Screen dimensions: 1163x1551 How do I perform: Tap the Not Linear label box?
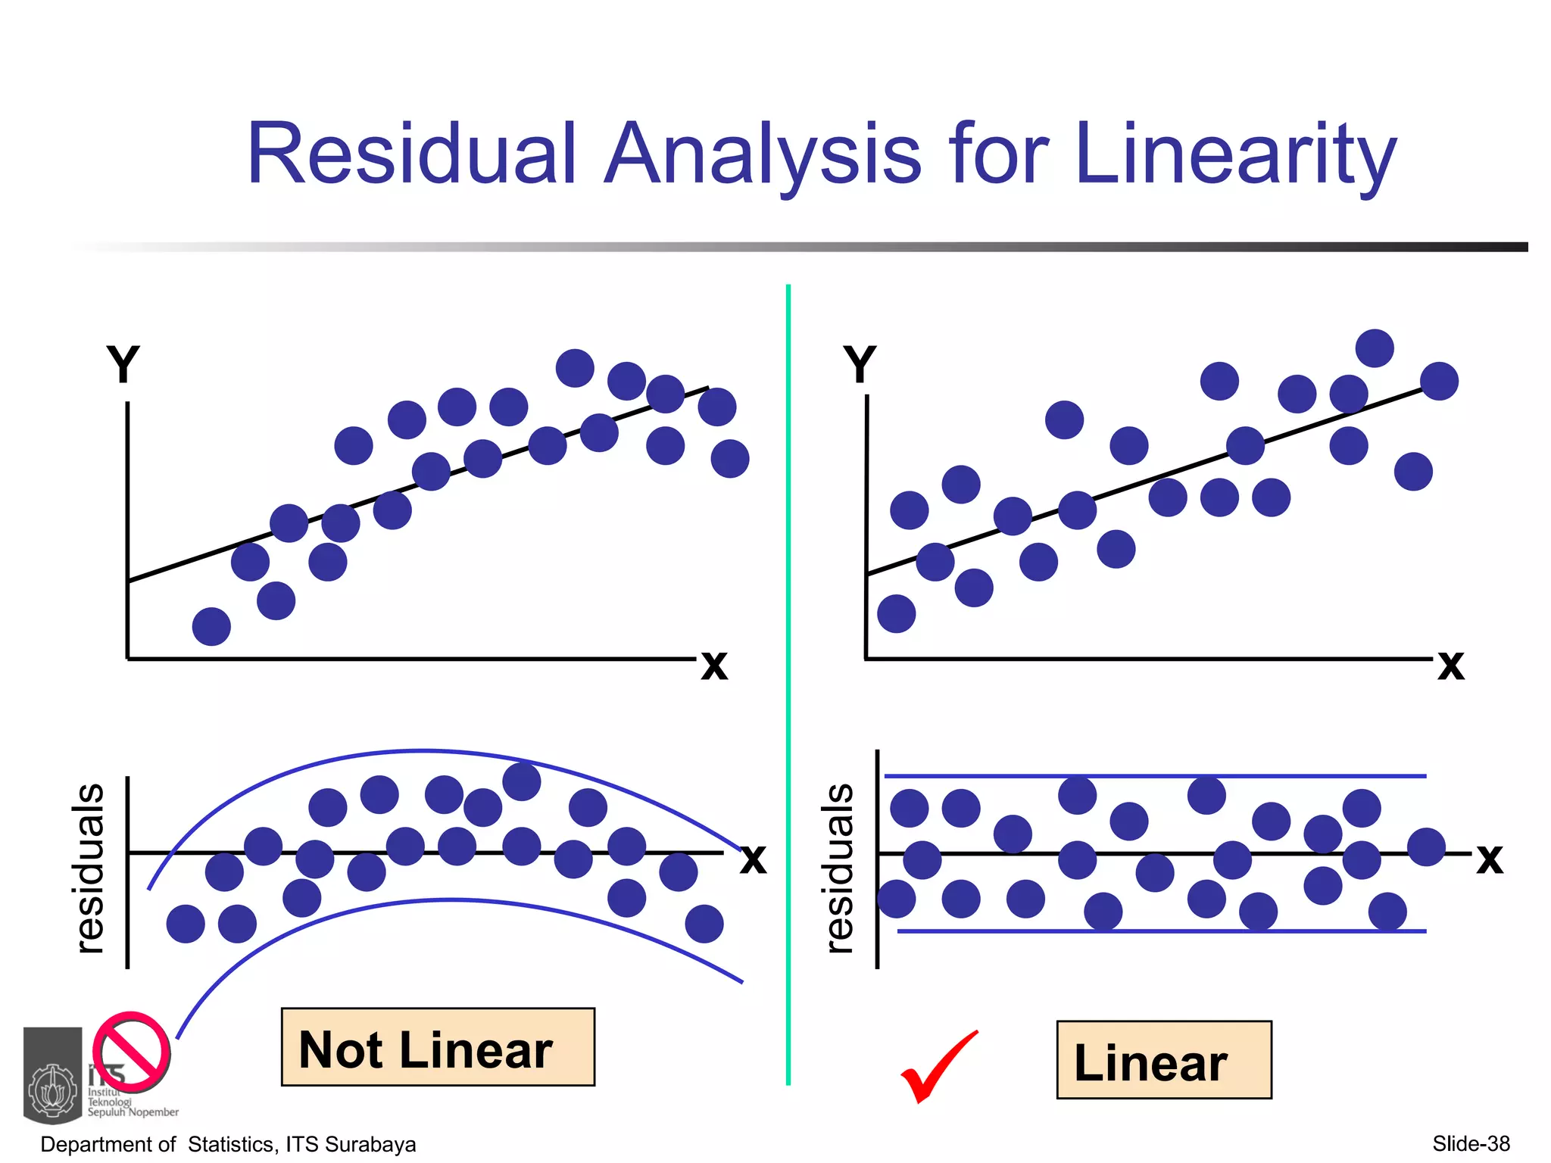(438, 1048)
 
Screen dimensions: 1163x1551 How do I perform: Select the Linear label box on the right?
(1163, 1060)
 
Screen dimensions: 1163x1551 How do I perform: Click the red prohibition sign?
(132, 1052)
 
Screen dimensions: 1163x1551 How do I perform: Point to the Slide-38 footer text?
(1471, 1143)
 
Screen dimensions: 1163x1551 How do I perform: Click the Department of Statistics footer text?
(228, 1144)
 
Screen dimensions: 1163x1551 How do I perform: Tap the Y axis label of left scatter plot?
(123, 365)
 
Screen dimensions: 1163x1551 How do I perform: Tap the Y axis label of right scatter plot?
(860, 365)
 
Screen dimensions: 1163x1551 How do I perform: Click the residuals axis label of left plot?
(89, 868)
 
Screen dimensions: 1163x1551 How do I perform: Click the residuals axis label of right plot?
(839, 868)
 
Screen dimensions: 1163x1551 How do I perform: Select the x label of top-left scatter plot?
(714, 666)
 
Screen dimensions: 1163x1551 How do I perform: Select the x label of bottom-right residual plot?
(1489, 859)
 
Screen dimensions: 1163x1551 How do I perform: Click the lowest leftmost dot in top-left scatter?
(211, 626)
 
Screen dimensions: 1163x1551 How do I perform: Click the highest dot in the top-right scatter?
(1375, 348)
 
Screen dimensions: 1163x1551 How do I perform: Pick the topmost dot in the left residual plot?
(522, 781)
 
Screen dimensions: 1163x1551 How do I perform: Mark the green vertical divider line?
(788, 681)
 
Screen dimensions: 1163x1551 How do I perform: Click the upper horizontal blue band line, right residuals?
(1155, 776)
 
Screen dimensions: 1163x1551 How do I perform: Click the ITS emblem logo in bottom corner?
(53, 1075)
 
